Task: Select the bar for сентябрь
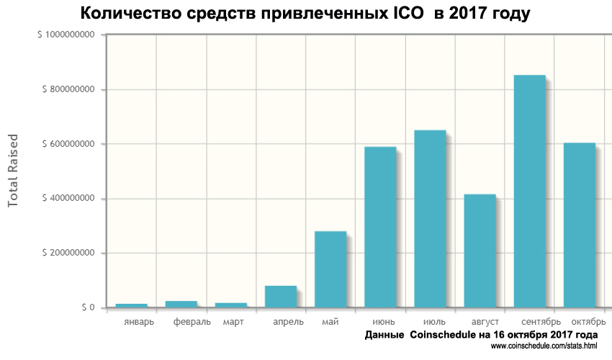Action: point(529,191)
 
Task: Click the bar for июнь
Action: point(380,227)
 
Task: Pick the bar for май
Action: point(330,269)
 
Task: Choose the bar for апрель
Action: point(281,297)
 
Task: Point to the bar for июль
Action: point(430,219)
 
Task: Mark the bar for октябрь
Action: point(579,225)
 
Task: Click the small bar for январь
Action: point(132,305)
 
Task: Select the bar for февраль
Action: point(181,304)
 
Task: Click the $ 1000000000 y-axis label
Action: point(67,35)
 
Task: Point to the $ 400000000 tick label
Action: point(69,199)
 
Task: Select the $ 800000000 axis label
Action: point(69,89)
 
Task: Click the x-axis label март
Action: point(232,321)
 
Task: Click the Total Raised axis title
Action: point(12,171)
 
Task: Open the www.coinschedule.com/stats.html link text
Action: point(544,347)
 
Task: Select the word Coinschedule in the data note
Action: point(451,336)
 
